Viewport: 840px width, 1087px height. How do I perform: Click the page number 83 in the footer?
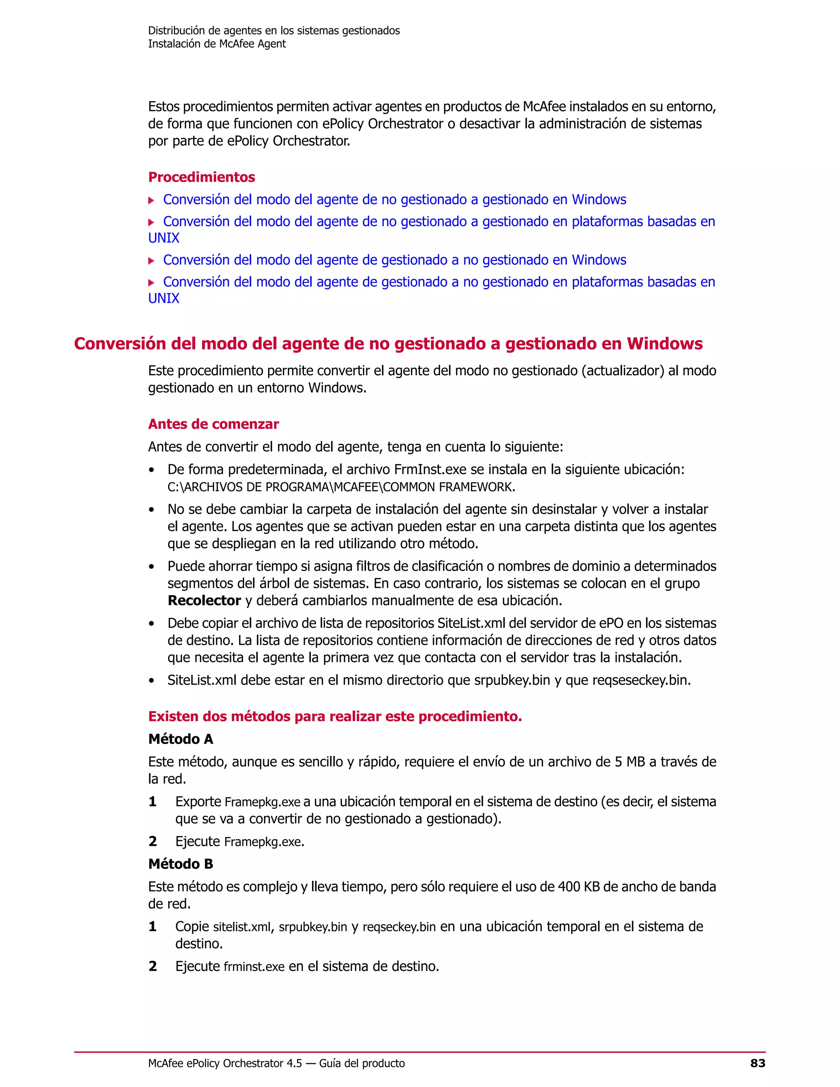point(758,1063)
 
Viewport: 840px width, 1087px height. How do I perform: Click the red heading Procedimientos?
point(201,177)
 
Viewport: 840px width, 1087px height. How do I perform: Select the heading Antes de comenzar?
point(213,424)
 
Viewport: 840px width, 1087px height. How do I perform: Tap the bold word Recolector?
point(205,601)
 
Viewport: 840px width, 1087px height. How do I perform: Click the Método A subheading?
point(180,739)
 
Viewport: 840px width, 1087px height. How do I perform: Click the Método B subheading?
point(180,864)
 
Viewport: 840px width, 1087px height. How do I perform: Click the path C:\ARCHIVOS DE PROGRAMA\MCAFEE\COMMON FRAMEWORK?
point(341,487)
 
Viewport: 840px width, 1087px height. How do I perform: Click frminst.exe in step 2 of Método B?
point(254,966)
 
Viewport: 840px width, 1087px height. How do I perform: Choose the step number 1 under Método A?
point(153,802)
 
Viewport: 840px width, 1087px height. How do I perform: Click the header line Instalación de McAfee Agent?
point(217,44)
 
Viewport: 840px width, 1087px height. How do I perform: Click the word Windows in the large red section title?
point(664,344)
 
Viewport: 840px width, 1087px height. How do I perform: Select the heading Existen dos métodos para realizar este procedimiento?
point(335,717)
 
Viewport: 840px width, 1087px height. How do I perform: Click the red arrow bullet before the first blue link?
point(151,201)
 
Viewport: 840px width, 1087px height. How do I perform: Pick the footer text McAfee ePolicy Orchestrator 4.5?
point(225,1064)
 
